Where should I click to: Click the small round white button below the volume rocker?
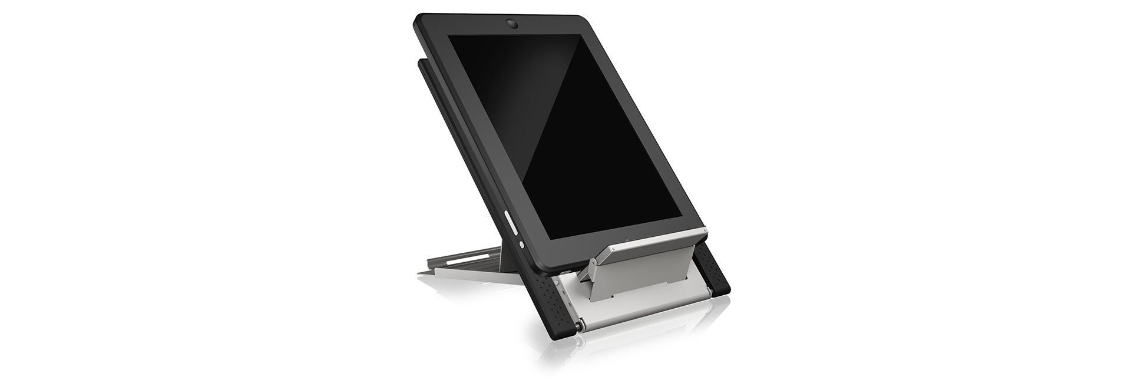click(x=521, y=245)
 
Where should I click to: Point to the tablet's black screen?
click(x=577, y=136)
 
